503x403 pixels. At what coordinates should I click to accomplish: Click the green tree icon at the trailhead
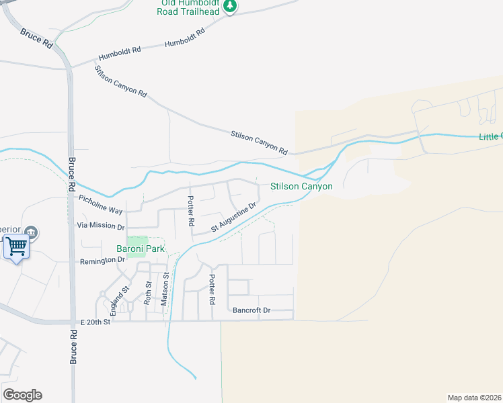230,6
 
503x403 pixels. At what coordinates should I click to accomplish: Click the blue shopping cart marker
16,247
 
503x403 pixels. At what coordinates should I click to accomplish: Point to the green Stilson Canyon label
301,186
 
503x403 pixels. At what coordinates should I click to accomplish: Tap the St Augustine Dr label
235,217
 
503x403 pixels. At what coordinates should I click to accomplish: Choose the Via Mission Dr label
101,226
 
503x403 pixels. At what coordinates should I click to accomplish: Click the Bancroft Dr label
251,310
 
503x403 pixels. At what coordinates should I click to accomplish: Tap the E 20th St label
94,322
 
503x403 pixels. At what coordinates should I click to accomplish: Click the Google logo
22,395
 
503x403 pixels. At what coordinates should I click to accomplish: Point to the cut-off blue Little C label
490,136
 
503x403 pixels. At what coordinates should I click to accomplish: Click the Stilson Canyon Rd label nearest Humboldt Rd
121,82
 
